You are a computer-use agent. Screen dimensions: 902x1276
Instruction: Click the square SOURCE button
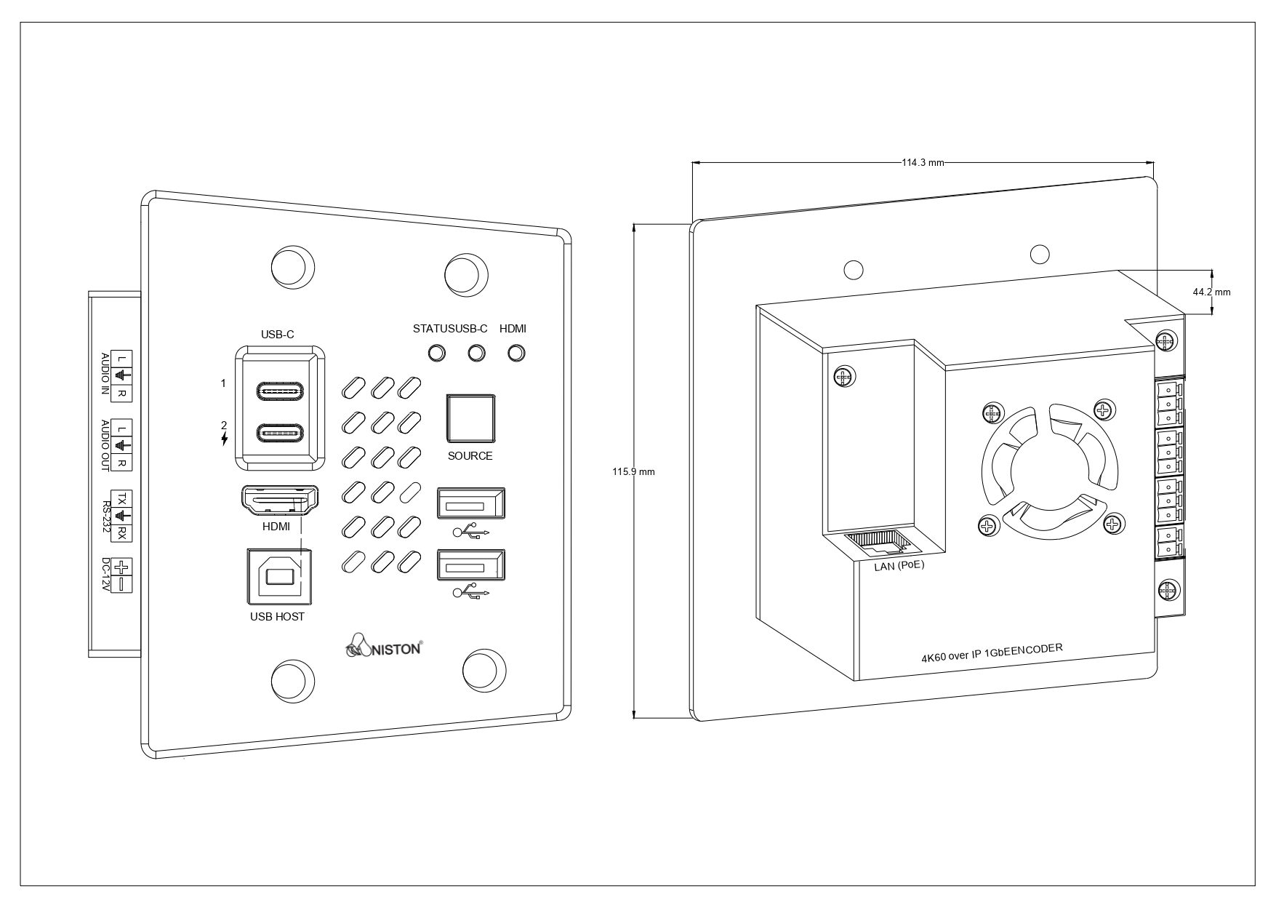click(x=470, y=418)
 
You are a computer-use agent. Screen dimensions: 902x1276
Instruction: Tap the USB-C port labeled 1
click(x=279, y=391)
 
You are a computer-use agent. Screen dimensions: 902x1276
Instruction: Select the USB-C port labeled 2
click(x=279, y=434)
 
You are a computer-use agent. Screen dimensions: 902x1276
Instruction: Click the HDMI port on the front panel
click(x=279, y=501)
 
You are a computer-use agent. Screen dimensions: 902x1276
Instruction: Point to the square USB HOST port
click(x=280, y=576)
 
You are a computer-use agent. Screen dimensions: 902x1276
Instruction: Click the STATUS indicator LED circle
click(x=436, y=353)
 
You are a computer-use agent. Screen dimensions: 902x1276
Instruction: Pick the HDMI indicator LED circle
click(x=516, y=353)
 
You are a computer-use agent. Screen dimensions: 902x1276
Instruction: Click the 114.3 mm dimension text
click(x=922, y=163)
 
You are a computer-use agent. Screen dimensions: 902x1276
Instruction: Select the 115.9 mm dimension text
click(x=633, y=472)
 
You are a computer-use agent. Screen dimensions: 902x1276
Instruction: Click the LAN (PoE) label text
click(x=899, y=565)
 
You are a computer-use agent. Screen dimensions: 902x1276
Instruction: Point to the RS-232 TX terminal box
click(x=122, y=498)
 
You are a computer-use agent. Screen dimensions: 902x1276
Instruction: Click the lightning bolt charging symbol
click(x=225, y=439)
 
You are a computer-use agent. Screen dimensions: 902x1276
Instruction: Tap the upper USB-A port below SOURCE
click(x=470, y=503)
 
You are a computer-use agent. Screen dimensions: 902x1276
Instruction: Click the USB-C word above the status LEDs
click(x=472, y=329)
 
